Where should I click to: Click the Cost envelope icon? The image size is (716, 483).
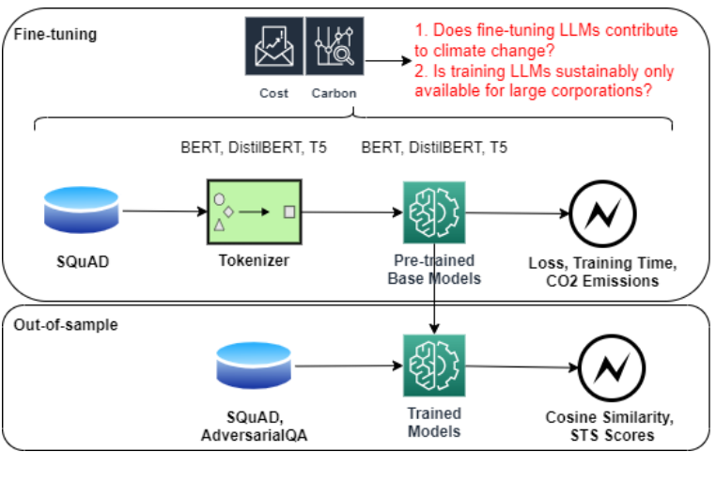[x=274, y=47]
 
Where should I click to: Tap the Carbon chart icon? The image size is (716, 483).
[x=334, y=47]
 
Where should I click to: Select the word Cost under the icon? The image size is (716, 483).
[x=274, y=94]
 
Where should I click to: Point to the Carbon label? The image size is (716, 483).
[x=335, y=94]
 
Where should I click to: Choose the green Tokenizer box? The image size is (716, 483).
[x=254, y=211]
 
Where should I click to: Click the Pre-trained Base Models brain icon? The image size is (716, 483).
[x=433, y=212]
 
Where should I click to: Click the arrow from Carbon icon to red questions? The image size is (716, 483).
[x=385, y=62]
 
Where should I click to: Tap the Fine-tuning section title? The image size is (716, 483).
[x=55, y=35]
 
